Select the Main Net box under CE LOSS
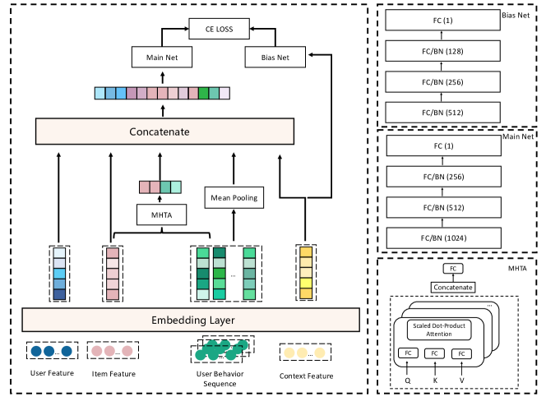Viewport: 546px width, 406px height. (162, 58)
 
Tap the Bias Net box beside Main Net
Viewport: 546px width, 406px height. (275, 58)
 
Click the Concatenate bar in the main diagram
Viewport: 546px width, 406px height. (164, 131)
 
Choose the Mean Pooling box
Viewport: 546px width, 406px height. (234, 197)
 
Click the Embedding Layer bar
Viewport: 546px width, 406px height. (191, 319)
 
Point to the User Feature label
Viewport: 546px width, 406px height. (52, 374)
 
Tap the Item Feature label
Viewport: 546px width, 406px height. (113, 375)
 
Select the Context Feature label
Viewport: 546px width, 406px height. (307, 376)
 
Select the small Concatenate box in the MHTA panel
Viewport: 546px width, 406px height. (453, 287)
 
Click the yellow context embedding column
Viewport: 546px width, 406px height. (306, 272)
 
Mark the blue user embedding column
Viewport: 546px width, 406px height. (58, 272)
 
